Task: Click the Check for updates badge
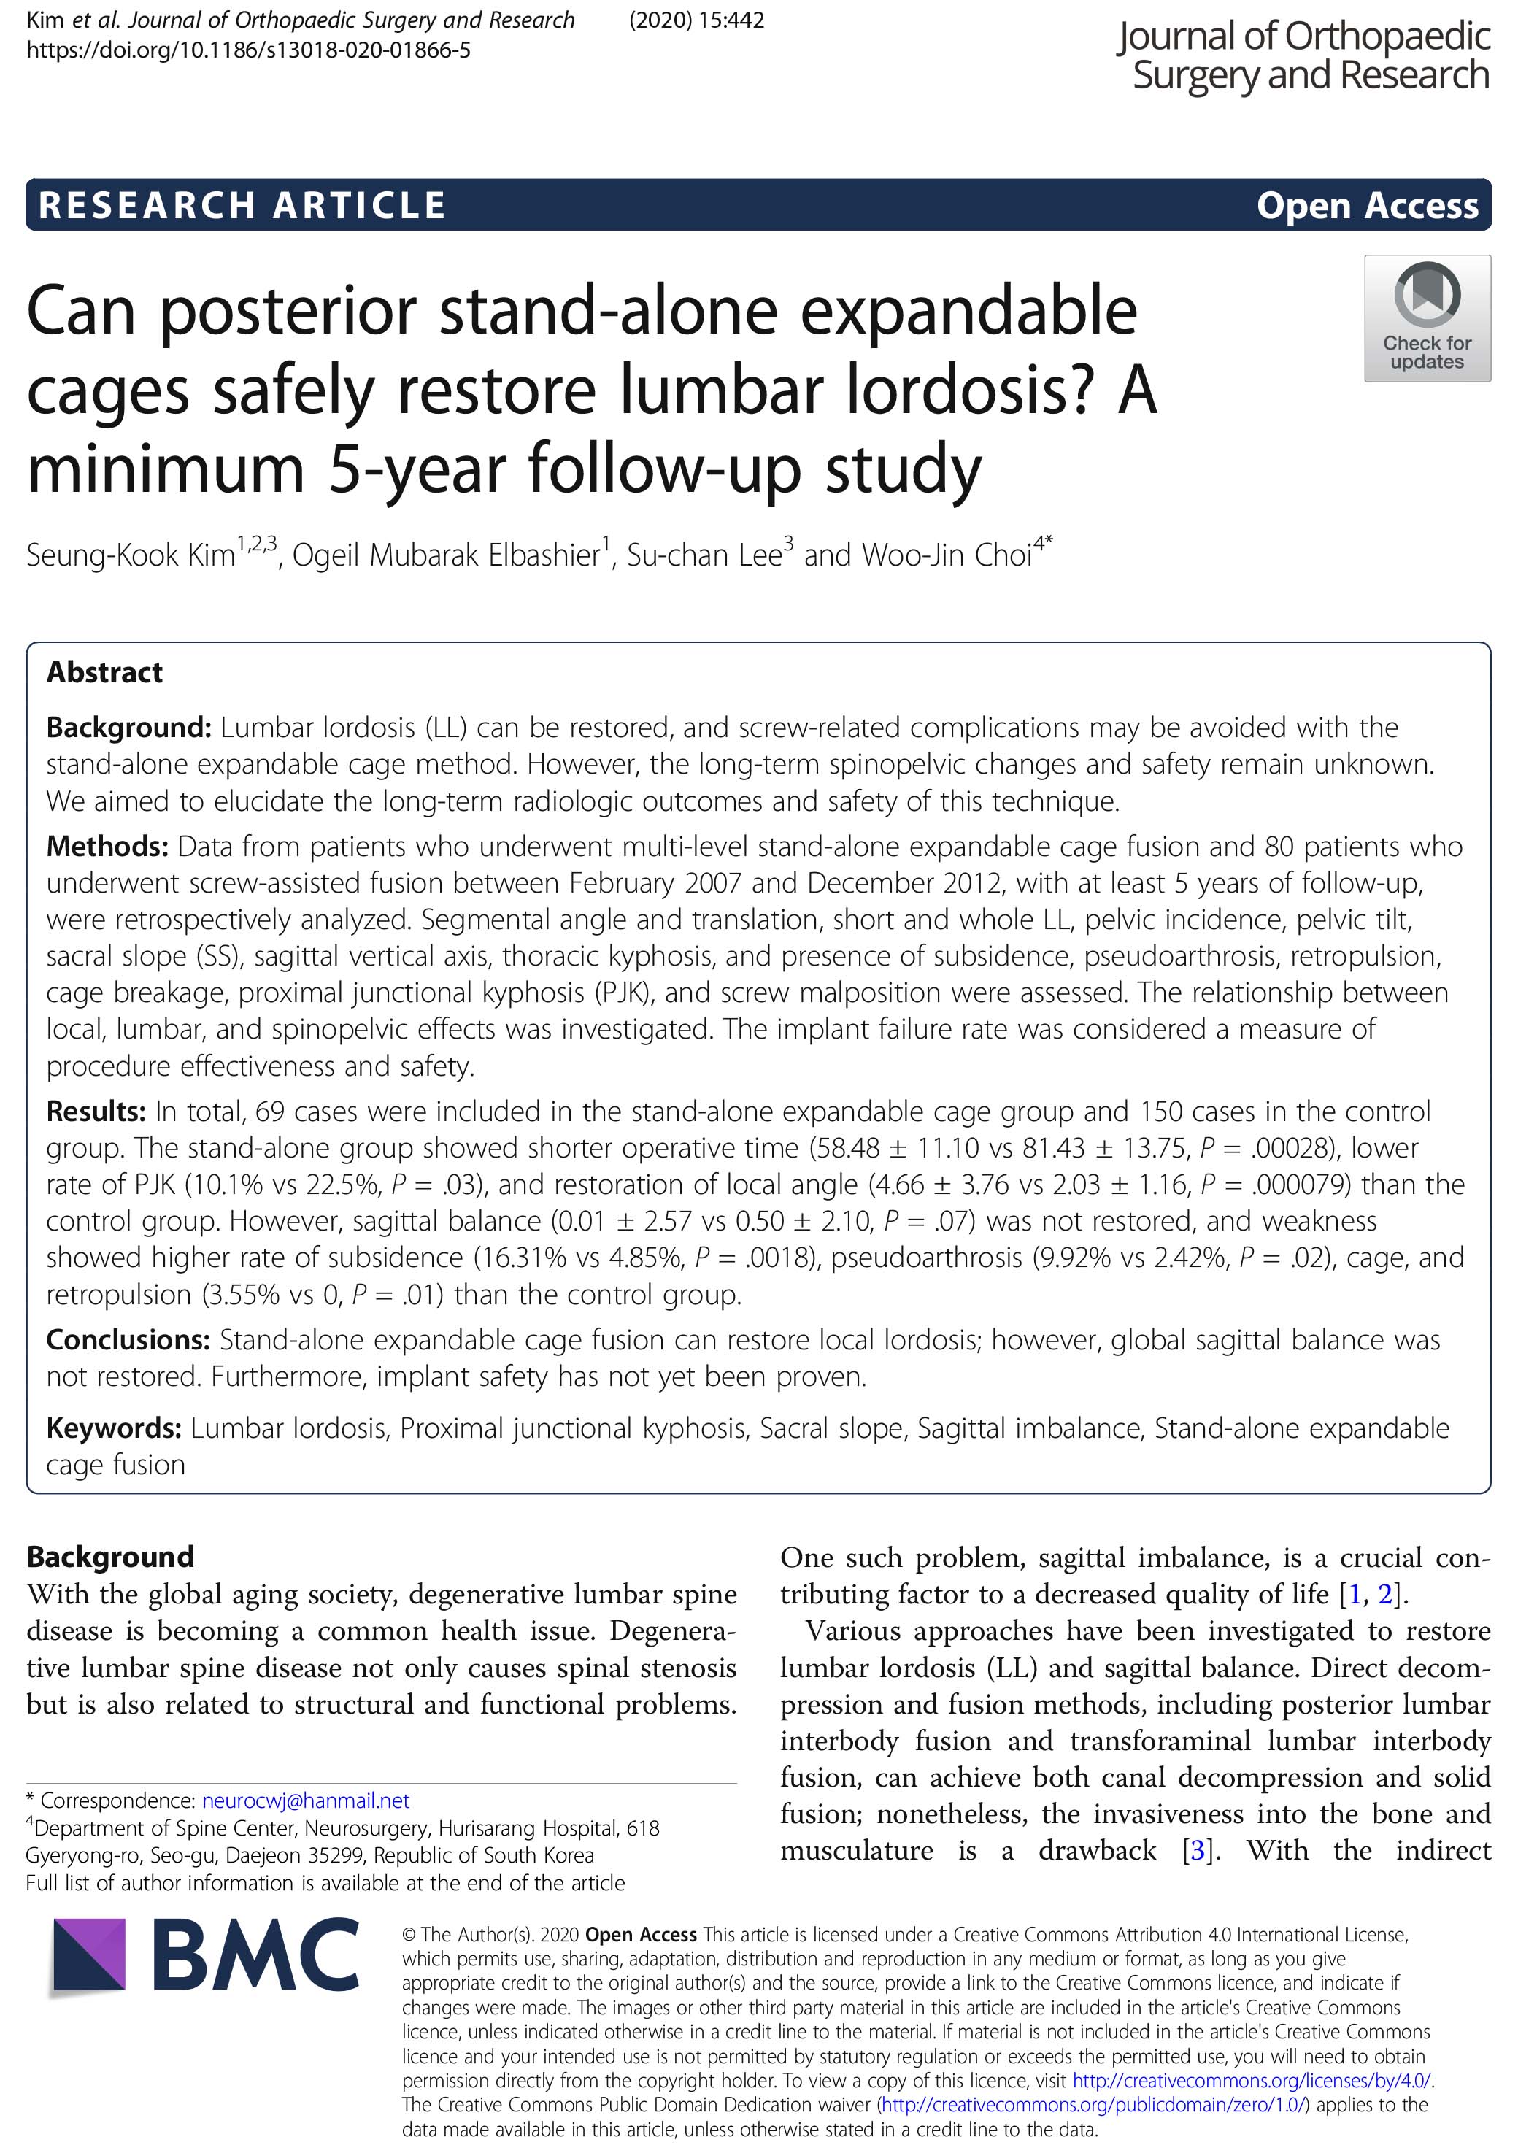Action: tap(1426, 317)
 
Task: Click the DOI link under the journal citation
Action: tap(249, 50)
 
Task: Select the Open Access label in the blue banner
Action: tap(1367, 204)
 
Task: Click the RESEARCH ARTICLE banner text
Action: tap(242, 204)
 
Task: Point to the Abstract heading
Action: tap(104, 672)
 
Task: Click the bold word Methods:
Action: tap(107, 846)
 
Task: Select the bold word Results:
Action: tap(96, 1112)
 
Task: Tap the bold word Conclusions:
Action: tap(127, 1339)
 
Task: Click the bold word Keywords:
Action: tap(113, 1428)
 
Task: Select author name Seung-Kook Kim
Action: tap(131, 555)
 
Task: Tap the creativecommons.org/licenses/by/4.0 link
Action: tap(1252, 2081)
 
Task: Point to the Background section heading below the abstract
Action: tap(110, 1557)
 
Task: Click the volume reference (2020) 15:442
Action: tap(696, 20)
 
